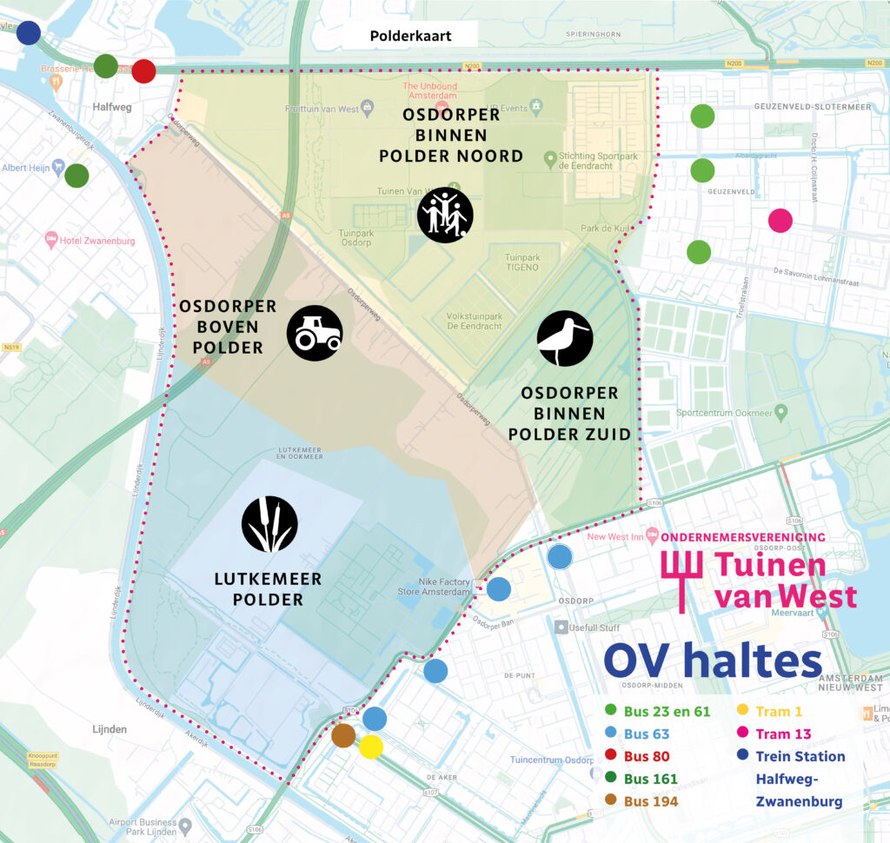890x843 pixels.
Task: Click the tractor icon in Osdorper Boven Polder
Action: tap(315, 333)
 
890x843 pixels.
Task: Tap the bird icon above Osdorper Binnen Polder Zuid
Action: tap(565, 338)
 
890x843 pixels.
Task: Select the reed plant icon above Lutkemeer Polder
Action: tap(269, 524)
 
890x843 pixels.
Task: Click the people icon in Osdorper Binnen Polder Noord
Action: tap(445, 215)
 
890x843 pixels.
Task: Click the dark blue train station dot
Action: tap(29, 33)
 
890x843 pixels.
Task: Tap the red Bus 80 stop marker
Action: tap(143, 71)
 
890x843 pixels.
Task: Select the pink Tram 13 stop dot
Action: tap(780, 221)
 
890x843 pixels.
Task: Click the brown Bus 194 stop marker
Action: tap(343, 735)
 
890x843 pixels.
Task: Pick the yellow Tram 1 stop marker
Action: tap(371, 747)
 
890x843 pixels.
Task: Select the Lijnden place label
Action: tap(109, 729)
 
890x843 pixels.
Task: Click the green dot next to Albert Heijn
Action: tap(76, 176)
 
